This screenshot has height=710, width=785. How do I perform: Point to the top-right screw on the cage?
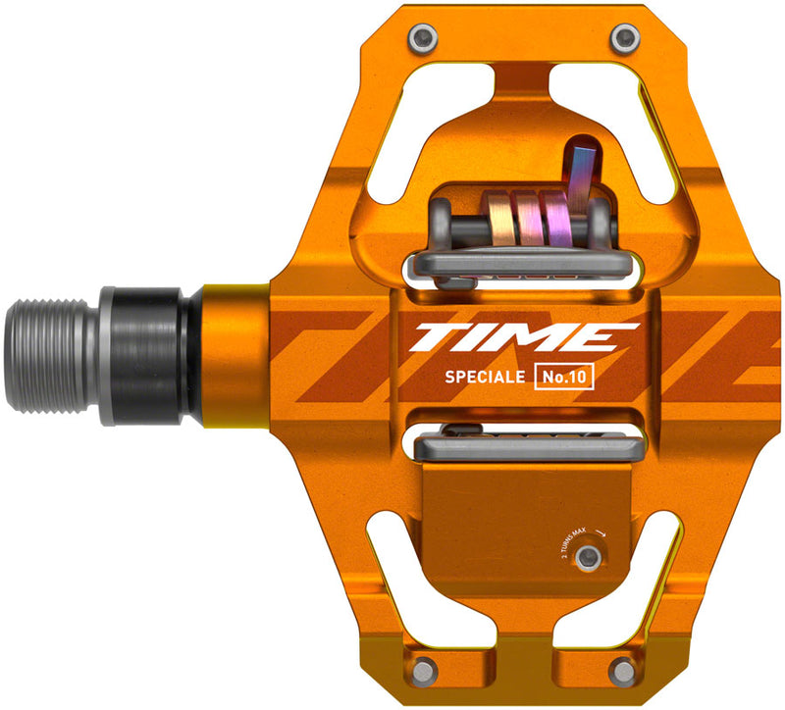[x=621, y=37]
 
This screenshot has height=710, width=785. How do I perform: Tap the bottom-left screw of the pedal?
[x=422, y=670]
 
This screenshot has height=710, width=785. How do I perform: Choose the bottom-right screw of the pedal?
[x=621, y=670]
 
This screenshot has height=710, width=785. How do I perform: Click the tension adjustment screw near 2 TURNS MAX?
[x=589, y=558]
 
